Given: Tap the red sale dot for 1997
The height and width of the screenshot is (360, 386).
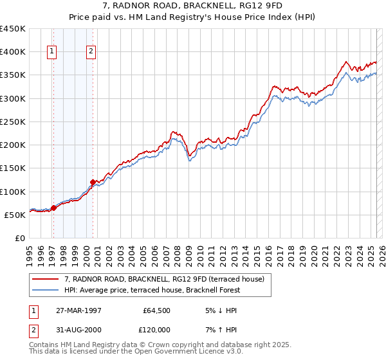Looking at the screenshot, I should click(x=53, y=208).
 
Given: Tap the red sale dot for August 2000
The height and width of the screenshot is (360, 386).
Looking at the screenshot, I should click(x=93, y=182).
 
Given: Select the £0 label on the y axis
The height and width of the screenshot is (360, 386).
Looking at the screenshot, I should click(x=20, y=238).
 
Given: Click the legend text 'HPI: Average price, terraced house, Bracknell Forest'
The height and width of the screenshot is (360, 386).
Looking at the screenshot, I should click(x=152, y=290).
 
